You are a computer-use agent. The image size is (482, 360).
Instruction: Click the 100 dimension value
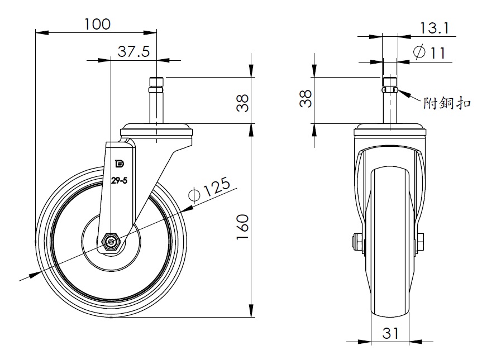tap(97, 24)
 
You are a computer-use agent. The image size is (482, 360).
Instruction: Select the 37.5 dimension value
tap(133, 51)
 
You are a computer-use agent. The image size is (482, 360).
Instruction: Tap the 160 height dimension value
tap(242, 227)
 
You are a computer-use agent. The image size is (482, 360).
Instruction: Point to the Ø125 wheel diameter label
tap(209, 189)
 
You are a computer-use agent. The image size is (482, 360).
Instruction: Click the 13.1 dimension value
tap(434, 28)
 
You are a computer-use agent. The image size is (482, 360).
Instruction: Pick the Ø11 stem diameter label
tap(429, 52)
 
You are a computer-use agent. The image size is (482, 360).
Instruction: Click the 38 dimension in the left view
tap(243, 103)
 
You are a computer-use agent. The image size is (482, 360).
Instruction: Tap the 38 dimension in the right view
tap(306, 98)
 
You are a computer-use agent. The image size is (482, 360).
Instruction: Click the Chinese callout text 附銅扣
tap(447, 103)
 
